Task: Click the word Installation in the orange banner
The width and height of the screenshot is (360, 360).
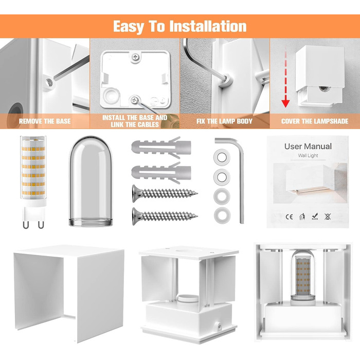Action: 208,26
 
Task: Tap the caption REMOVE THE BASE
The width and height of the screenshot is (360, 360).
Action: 45,121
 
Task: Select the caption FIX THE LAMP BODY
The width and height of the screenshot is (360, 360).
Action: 224,121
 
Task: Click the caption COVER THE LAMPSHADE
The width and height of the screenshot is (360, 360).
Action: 315,121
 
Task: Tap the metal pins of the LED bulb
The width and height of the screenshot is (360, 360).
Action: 33,224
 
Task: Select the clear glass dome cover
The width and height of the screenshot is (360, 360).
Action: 91,182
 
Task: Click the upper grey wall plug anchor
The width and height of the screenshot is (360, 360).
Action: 161,148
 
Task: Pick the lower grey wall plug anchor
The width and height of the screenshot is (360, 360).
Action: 161,173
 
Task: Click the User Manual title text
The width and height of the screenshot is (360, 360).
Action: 308,146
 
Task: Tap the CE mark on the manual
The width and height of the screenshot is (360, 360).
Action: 289,217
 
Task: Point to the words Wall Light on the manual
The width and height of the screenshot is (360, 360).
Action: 308,155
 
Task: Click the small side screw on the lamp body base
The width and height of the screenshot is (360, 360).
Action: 220,326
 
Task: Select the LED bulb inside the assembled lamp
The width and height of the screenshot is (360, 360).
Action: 303,277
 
